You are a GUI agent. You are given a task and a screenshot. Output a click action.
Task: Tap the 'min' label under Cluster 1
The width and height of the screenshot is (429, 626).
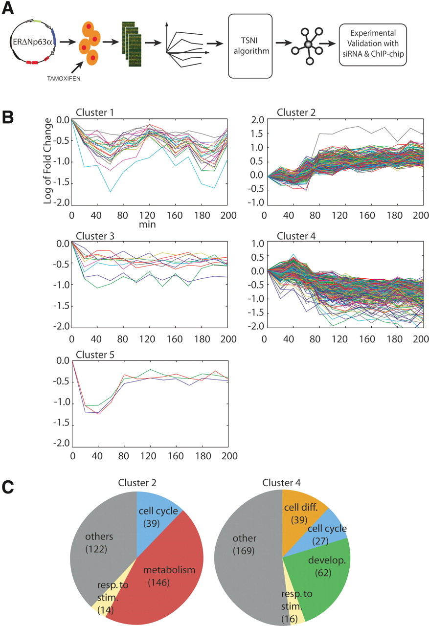pos(150,225)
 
